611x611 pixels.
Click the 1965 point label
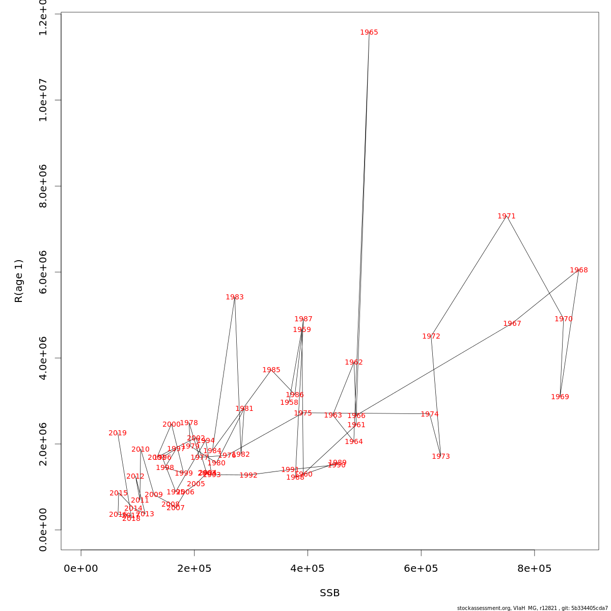click(369, 33)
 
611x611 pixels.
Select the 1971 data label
click(507, 216)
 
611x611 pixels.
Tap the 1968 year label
click(579, 270)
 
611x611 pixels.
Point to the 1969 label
click(560, 397)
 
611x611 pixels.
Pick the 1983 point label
click(235, 297)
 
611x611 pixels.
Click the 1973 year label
click(441, 457)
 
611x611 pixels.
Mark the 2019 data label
click(118, 433)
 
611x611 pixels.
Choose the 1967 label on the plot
click(512, 324)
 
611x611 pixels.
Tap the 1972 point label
click(431, 337)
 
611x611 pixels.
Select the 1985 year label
click(271, 370)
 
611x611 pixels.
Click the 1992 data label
click(248, 476)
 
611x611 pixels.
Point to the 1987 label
click(303, 319)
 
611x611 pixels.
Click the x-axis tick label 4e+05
click(308, 569)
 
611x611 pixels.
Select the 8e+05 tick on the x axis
click(534, 569)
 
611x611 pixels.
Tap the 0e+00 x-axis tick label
click(81, 569)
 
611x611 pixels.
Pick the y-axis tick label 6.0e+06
click(44, 272)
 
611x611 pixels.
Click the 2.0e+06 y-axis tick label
click(44, 444)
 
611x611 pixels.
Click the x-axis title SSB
click(330, 593)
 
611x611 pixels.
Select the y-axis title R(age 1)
click(19, 281)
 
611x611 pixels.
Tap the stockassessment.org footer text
click(533, 608)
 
